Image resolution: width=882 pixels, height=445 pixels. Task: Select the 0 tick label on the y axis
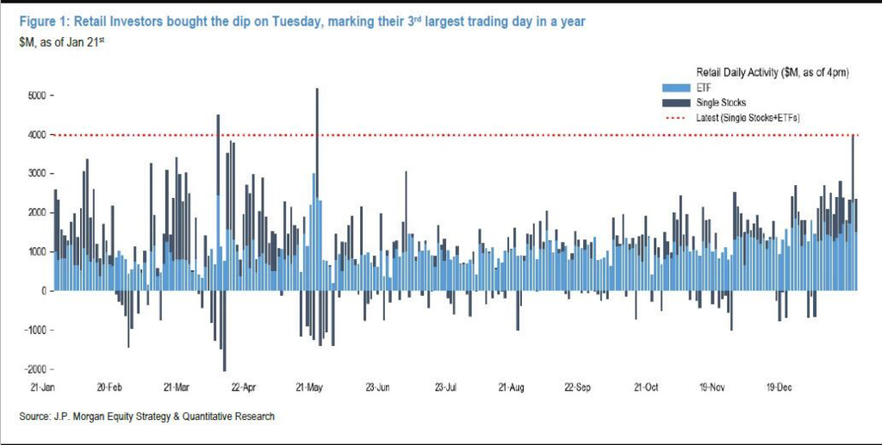click(39, 291)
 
